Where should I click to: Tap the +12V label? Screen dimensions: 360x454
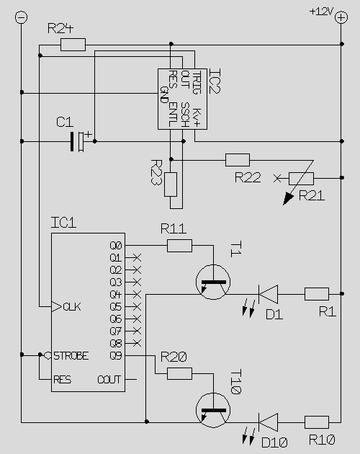point(321,12)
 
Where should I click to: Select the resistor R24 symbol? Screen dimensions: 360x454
point(73,45)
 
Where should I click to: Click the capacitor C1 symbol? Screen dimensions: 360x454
point(77,141)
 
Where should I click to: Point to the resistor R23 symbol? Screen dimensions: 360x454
point(171,184)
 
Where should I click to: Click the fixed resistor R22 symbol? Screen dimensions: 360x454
point(238,160)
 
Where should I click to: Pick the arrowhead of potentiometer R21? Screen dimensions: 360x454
point(288,199)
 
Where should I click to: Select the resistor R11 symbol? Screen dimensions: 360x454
point(179,246)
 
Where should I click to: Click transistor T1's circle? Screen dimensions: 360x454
point(197,282)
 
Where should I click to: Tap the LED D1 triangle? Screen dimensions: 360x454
point(268,294)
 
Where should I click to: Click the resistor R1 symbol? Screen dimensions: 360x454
point(317,294)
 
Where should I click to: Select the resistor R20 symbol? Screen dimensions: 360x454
point(179,373)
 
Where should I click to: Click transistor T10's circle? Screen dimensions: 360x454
point(197,410)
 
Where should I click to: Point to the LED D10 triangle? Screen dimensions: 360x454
point(268,422)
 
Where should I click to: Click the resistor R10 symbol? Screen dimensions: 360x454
point(317,422)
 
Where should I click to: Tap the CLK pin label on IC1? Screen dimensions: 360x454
point(72,307)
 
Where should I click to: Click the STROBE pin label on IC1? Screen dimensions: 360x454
point(71,356)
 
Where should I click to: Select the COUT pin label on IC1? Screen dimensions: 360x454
point(109,380)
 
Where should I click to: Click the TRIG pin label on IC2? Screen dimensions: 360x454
point(197,83)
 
